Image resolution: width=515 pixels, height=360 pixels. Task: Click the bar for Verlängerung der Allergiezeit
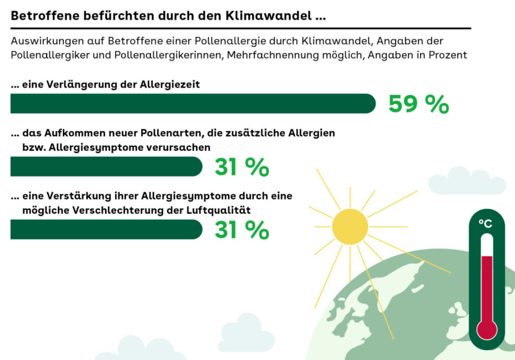click(x=193, y=104)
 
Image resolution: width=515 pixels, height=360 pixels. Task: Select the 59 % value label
click(x=419, y=104)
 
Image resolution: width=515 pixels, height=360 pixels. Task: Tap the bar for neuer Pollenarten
click(x=107, y=166)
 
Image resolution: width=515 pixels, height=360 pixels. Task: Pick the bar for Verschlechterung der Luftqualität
click(x=107, y=229)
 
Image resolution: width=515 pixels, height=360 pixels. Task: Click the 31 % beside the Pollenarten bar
click(x=242, y=167)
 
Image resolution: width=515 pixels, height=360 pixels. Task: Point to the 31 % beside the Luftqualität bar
click(x=242, y=230)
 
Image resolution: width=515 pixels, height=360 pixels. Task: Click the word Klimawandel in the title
click(x=269, y=16)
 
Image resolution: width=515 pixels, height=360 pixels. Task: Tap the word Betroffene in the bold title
click(x=45, y=16)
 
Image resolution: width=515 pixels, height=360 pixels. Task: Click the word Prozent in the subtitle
click(x=448, y=55)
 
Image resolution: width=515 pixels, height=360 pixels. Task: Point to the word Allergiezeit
click(x=170, y=84)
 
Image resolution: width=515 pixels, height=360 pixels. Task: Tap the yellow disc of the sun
click(x=350, y=227)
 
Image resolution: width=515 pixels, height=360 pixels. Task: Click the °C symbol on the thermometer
click(x=485, y=224)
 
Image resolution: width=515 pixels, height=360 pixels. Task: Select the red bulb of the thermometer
click(x=487, y=330)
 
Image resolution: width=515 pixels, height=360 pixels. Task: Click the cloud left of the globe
click(x=246, y=333)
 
